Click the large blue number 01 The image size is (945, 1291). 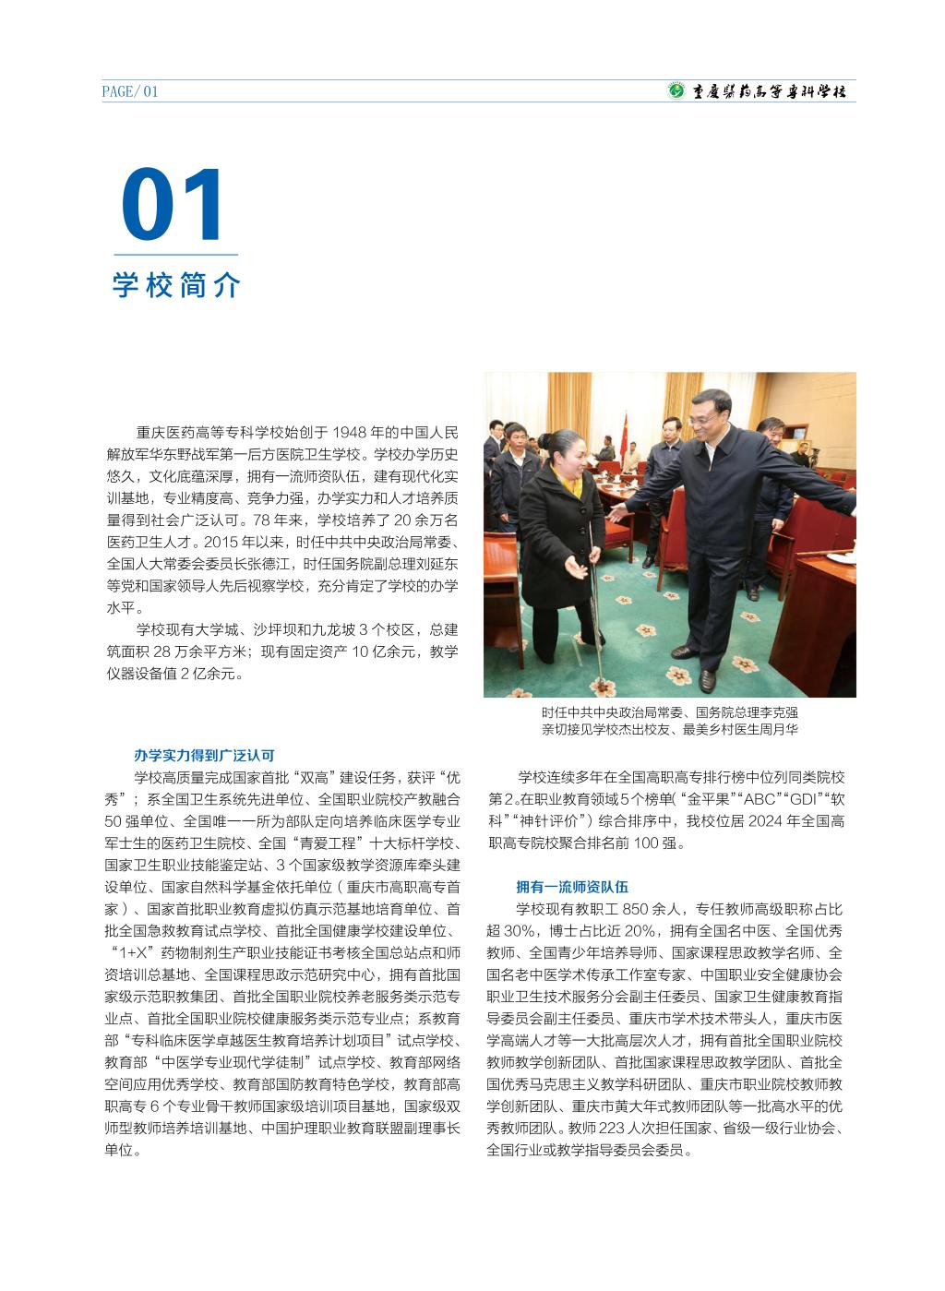[173, 204]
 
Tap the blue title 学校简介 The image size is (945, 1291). [175, 285]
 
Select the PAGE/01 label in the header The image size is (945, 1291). [130, 91]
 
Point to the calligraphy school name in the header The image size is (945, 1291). [769, 91]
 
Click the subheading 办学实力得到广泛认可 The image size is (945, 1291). [204, 755]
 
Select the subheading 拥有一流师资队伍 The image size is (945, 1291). [572, 887]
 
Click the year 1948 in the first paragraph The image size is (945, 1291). [351, 432]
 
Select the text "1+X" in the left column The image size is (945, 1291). [132, 953]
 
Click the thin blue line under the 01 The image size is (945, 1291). [175, 254]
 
